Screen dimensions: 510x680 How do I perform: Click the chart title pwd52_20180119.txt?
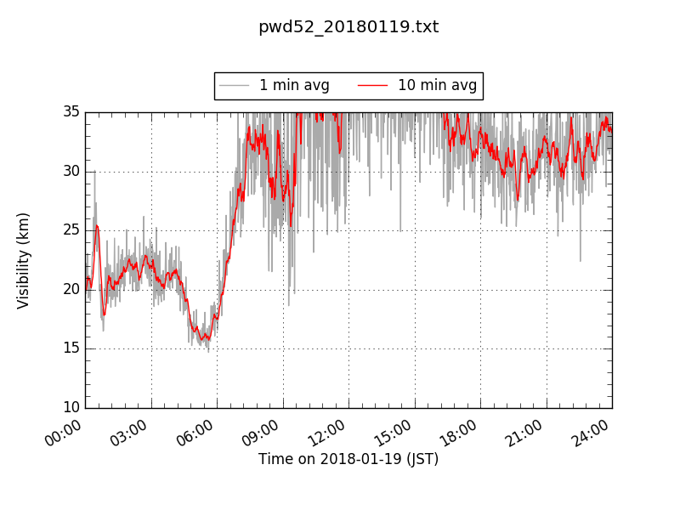coord(348,27)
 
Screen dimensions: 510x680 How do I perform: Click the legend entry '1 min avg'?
coord(294,85)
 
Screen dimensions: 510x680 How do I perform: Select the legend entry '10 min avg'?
coord(437,85)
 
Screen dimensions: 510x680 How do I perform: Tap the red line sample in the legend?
coord(371,85)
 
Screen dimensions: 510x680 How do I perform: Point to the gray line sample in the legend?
coord(234,85)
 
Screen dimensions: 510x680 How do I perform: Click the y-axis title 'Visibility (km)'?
coord(24,260)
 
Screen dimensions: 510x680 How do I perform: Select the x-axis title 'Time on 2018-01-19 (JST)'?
coord(348,459)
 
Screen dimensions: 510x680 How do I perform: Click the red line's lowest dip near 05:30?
coord(202,339)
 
